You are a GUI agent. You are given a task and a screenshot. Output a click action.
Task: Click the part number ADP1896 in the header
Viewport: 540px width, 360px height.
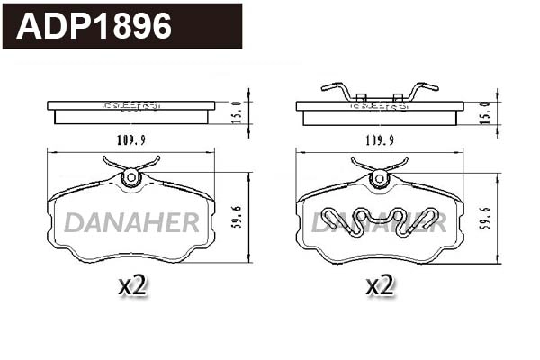[x=94, y=26]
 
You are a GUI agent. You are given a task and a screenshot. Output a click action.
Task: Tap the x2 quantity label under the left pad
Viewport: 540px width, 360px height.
[x=133, y=286]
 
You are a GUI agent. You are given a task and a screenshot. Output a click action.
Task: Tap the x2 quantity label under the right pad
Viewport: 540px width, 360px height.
[x=381, y=286]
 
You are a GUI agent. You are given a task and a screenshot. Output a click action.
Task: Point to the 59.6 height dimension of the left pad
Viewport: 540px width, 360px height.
[x=238, y=216]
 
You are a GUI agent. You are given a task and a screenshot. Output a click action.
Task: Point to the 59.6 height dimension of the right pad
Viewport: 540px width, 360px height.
[x=487, y=216]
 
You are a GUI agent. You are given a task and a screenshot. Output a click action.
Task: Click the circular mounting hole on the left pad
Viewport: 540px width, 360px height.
[x=131, y=177]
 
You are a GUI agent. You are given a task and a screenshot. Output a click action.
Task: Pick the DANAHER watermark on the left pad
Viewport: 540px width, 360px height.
[x=131, y=222]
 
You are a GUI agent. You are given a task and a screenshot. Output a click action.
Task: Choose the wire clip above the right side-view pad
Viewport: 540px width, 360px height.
[x=380, y=91]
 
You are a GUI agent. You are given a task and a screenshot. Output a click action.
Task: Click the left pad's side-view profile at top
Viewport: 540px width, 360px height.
[x=130, y=111]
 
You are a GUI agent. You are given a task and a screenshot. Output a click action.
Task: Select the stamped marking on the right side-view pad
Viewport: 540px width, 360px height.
[x=379, y=105]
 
